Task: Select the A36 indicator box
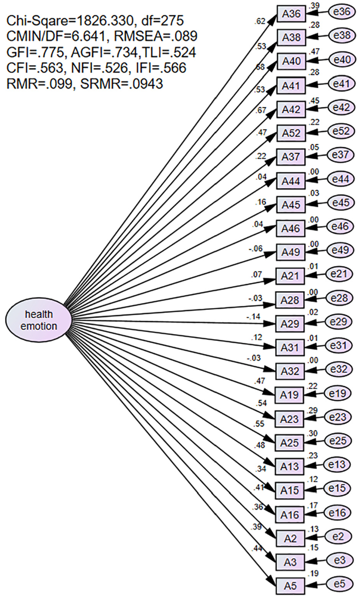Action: [x=291, y=14]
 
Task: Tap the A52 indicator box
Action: [x=291, y=133]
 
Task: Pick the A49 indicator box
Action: [x=290, y=252]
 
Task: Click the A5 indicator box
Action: [x=290, y=586]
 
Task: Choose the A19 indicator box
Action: [x=290, y=395]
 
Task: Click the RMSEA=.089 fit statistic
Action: [x=156, y=36]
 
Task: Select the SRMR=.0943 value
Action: [x=121, y=84]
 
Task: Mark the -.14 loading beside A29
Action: [x=253, y=317]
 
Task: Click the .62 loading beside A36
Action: [x=259, y=21]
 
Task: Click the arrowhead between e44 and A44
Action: [x=310, y=181]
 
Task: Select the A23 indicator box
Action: [x=290, y=419]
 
